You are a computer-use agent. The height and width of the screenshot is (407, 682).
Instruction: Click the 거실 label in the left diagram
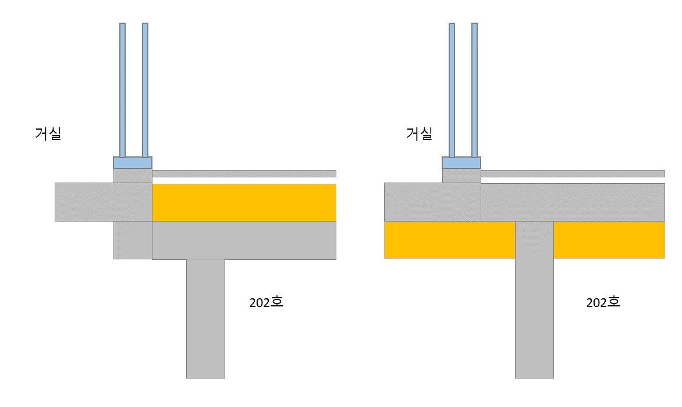coord(48,133)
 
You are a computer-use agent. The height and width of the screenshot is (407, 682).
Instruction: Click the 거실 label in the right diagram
coord(420,133)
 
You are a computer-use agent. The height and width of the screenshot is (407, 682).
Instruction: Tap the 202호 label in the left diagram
coord(266,302)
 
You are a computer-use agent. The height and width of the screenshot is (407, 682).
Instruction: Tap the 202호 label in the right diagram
coord(603,302)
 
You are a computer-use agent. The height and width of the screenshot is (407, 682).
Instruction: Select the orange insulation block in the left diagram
coord(244,202)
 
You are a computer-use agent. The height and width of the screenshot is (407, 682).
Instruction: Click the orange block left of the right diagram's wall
coord(450,240)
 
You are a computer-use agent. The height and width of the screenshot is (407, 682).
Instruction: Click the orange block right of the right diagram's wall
coord(609,240)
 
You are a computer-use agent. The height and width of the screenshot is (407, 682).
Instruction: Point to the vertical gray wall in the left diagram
coord(206,319)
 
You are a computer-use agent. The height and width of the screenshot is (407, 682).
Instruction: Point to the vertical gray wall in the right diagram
coord(535,299)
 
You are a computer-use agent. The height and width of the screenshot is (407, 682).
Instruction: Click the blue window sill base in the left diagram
coord(133,163)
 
